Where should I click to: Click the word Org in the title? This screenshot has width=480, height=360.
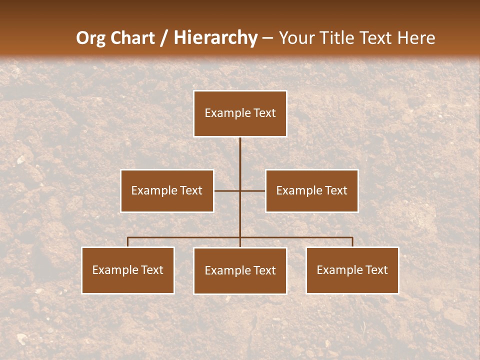[92, 38]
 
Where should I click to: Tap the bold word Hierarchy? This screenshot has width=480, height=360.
[215, 38]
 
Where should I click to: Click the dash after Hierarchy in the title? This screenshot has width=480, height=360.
[267, 38]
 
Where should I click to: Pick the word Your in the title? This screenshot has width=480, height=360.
[296, 38]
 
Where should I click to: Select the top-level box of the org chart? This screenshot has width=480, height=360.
[240, 113]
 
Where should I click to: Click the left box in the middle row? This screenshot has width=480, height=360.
[167, 190]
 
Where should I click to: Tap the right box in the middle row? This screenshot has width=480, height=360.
[312, 190]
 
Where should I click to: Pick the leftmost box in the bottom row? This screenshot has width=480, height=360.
[128, 270]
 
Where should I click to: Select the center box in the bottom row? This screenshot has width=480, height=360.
[240, 271]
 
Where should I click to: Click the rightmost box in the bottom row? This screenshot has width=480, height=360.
[352, 270]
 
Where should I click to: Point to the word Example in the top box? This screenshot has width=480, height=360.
[228, 113]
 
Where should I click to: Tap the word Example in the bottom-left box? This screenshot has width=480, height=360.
[115, 270]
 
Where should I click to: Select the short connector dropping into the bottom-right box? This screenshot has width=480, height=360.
[352, 242]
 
